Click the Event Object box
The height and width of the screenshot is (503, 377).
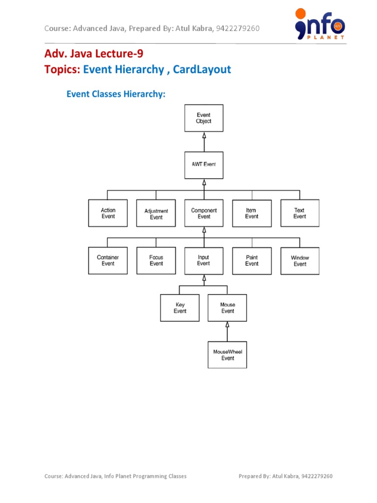204,118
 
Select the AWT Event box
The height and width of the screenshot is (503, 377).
204,165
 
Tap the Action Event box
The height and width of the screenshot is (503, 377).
108,213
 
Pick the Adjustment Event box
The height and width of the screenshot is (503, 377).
156,214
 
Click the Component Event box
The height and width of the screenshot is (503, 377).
204,213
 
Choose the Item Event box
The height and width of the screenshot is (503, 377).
252,213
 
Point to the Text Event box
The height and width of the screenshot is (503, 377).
299,213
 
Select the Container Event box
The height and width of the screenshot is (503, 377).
108,260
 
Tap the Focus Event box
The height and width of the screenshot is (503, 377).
156,260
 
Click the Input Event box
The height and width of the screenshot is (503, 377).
204,260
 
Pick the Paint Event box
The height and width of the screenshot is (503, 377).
252,260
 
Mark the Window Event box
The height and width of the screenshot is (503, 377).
299,261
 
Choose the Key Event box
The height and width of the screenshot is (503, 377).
180,308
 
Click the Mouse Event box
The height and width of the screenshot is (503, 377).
227,308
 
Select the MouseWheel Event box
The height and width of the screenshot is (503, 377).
227,355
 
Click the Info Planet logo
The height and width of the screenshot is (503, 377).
320,24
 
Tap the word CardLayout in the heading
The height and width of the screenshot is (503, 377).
201,69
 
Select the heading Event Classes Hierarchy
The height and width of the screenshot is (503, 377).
116,94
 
